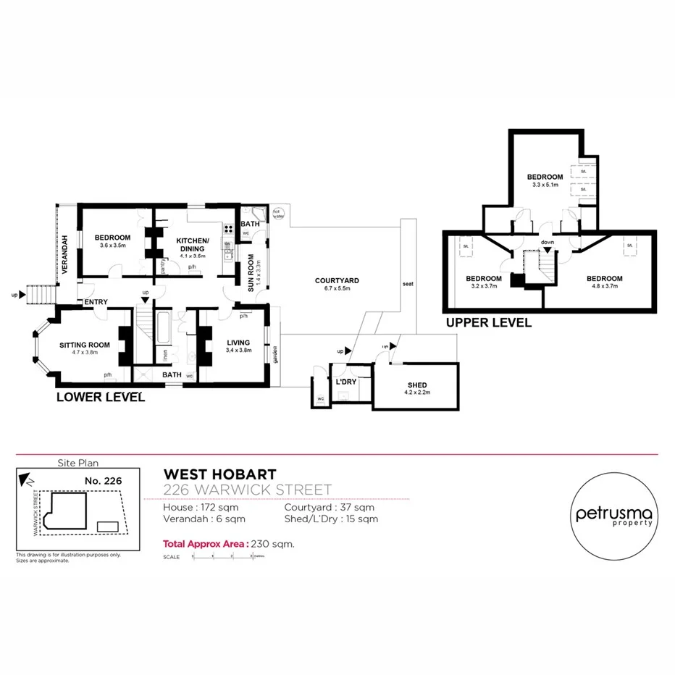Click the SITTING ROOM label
(x=85, y=345)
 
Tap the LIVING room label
(x=238, y=343)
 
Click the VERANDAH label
(x=64, y=253)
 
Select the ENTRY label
(x=96, y=302)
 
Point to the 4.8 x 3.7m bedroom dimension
(x=604, y=287)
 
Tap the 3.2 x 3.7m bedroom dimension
(x=483, y=287)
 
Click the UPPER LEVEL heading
(x=489, y=323)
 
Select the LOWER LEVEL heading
(x=101, y=397)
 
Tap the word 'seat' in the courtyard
(x=407, y=283)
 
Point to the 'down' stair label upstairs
(x=548, y=243)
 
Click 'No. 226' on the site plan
(x=102, y=480)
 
